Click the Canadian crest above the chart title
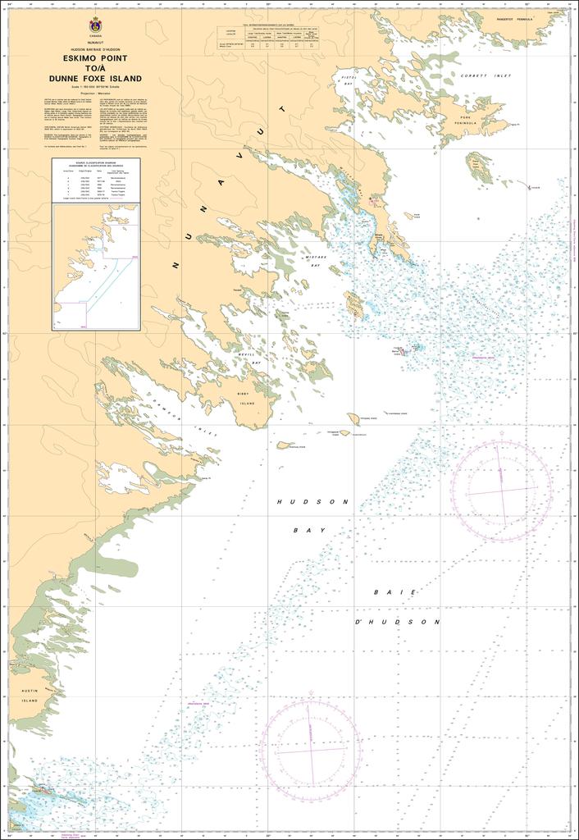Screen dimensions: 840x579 click(x=96, y=24)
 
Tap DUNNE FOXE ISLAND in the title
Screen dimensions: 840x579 click(x=95, y=79)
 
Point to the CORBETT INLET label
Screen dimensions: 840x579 click(x=486, y=75)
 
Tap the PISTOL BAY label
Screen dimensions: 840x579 click(x=348, y=80)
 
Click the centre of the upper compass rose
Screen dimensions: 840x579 click(x=502, y=490)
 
